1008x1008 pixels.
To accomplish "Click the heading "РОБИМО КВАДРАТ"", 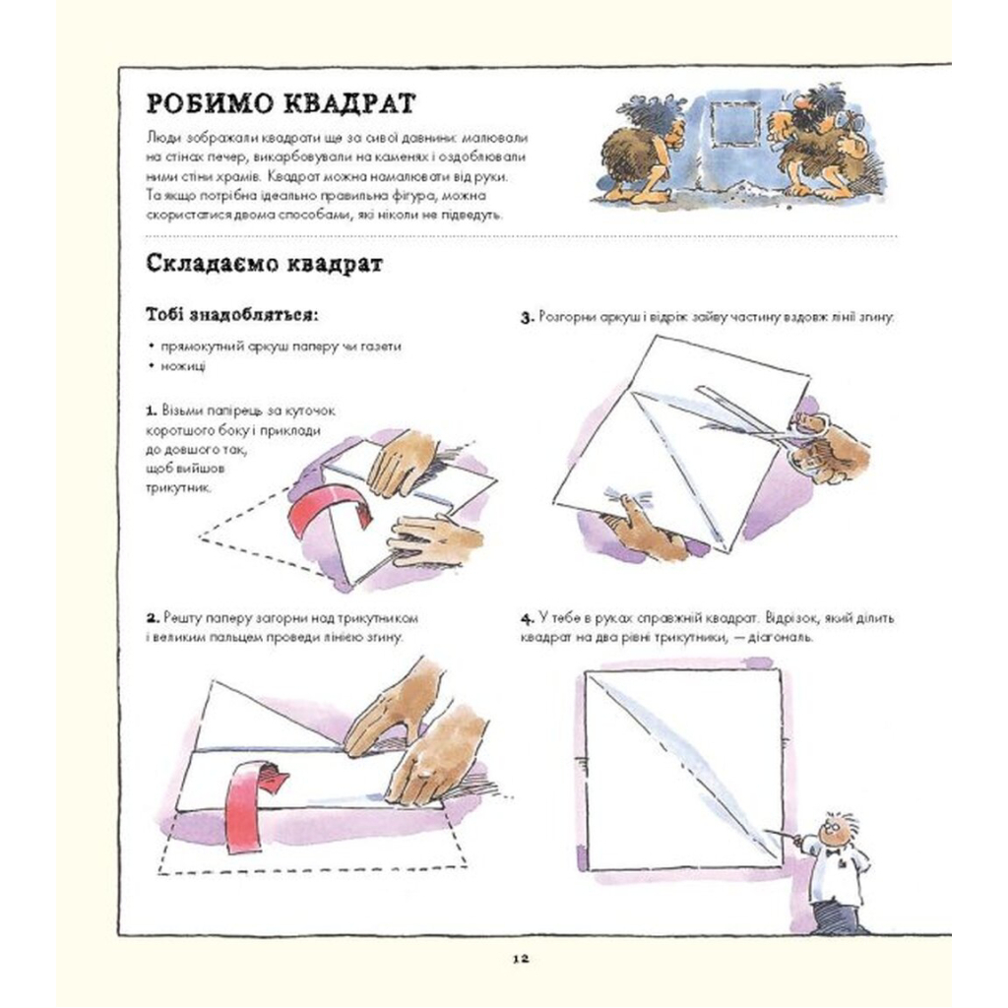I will click(x=280, y=105).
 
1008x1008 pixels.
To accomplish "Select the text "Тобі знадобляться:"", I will click(x=231, y=316).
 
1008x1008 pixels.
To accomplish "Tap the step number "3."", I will click(x=527, y=318).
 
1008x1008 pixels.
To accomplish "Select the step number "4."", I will click(x=527, y=618).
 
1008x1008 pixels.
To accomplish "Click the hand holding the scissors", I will click(x=832, y=448).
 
